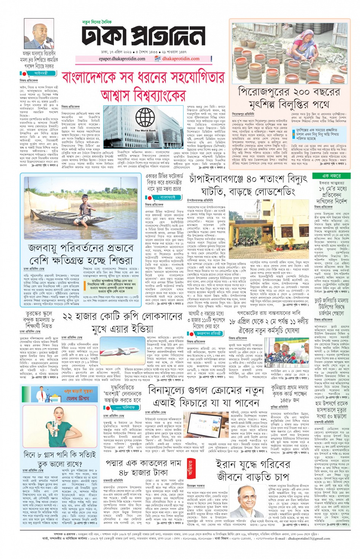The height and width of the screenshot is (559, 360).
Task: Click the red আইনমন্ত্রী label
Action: coord(40,73)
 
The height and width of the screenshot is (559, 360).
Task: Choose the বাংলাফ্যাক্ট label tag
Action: coord(166,197)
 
